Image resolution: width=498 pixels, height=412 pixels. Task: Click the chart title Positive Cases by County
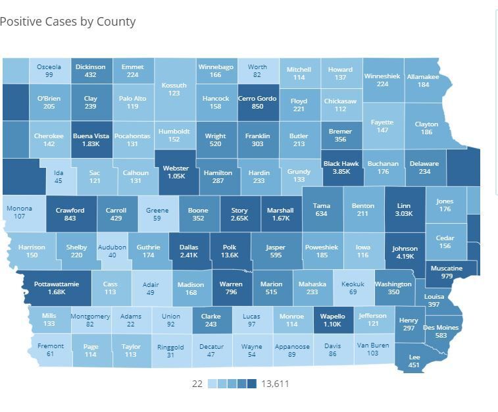coord(68,22)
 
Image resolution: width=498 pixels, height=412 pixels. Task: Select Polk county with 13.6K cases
coord(230,251)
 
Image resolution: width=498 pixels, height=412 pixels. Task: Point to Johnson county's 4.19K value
coord(405,257)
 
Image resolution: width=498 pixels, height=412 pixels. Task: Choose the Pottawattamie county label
coord(57,284)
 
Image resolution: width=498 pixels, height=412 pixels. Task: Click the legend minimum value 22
coord(197,384)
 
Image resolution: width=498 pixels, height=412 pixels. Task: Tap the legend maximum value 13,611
coord(275,384)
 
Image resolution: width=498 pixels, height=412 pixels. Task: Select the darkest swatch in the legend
coord(252,384)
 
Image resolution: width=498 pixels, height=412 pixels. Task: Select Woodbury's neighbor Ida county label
coord(59,173)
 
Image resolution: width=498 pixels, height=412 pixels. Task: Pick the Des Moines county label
coord(441,327)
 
